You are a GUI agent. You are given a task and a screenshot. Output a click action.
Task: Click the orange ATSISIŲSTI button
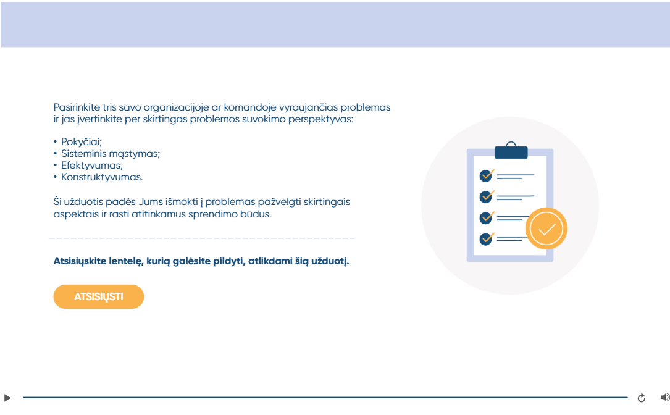[x=99, y=296]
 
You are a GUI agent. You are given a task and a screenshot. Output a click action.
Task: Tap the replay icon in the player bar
[x=642, y=398]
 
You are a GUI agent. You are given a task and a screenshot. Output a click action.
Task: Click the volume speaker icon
[x=665, y=398]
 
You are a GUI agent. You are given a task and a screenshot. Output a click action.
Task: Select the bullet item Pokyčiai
[x=81, y=142]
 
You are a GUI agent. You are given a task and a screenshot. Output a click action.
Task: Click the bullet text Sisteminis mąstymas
[x=111, y=153]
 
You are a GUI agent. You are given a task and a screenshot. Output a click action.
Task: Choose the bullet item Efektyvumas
[x=92, y=166]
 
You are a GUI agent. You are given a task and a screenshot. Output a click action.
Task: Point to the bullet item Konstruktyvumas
[x=102, y=177]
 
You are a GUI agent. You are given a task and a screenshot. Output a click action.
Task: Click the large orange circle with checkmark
[x=546, y=228]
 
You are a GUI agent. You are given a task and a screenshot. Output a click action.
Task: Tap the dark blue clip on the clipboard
[x=511, y=152]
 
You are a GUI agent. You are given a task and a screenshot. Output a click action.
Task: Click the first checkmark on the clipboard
[x=486, y=175]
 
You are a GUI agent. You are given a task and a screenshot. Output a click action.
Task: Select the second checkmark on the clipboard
[x=486, y=196]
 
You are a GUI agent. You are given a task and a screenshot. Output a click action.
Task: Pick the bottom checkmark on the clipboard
[x=486, y=238]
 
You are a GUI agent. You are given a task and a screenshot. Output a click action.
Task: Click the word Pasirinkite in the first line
[x=77, y=107]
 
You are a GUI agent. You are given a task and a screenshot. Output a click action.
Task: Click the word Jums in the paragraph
[x=151, y=202]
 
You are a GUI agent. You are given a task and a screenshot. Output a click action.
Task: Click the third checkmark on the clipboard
[x=486, y=217]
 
